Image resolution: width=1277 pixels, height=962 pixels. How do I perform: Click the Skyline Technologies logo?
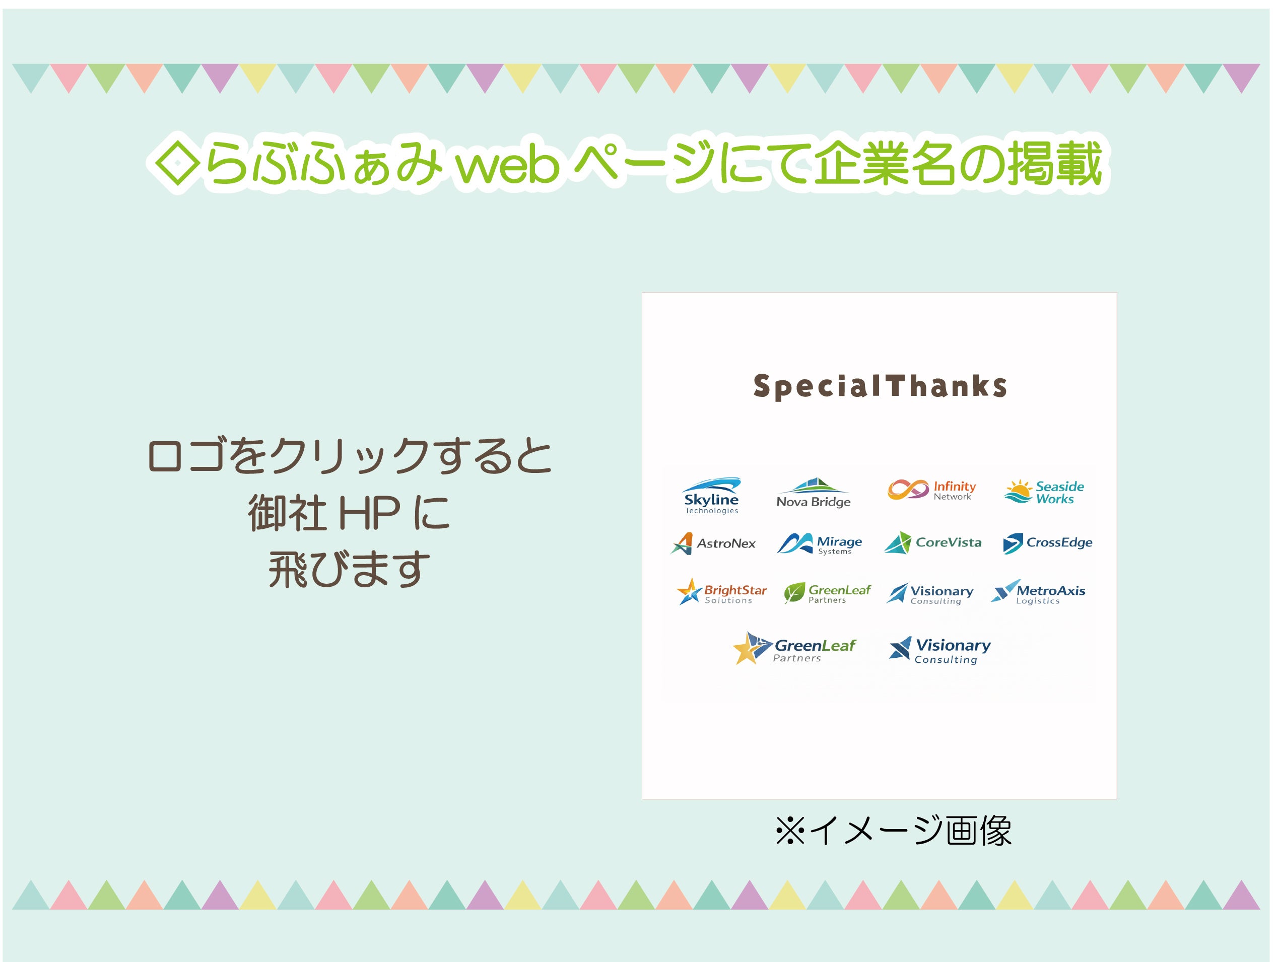711,495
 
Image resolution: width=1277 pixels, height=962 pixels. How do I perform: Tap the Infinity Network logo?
932,490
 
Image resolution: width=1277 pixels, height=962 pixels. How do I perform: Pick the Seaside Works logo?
1044,492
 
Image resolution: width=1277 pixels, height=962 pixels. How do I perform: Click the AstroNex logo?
713,543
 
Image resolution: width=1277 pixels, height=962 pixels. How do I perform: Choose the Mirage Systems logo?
819,543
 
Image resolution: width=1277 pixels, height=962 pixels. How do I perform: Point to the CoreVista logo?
933,542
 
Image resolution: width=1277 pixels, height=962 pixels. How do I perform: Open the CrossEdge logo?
1047,543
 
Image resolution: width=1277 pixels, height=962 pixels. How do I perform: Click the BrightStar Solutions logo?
722,591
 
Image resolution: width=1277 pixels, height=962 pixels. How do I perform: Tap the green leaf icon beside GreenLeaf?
794,593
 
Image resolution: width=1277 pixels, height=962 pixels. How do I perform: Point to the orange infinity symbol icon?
908,490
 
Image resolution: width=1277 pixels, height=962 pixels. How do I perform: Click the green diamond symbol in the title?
178,165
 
